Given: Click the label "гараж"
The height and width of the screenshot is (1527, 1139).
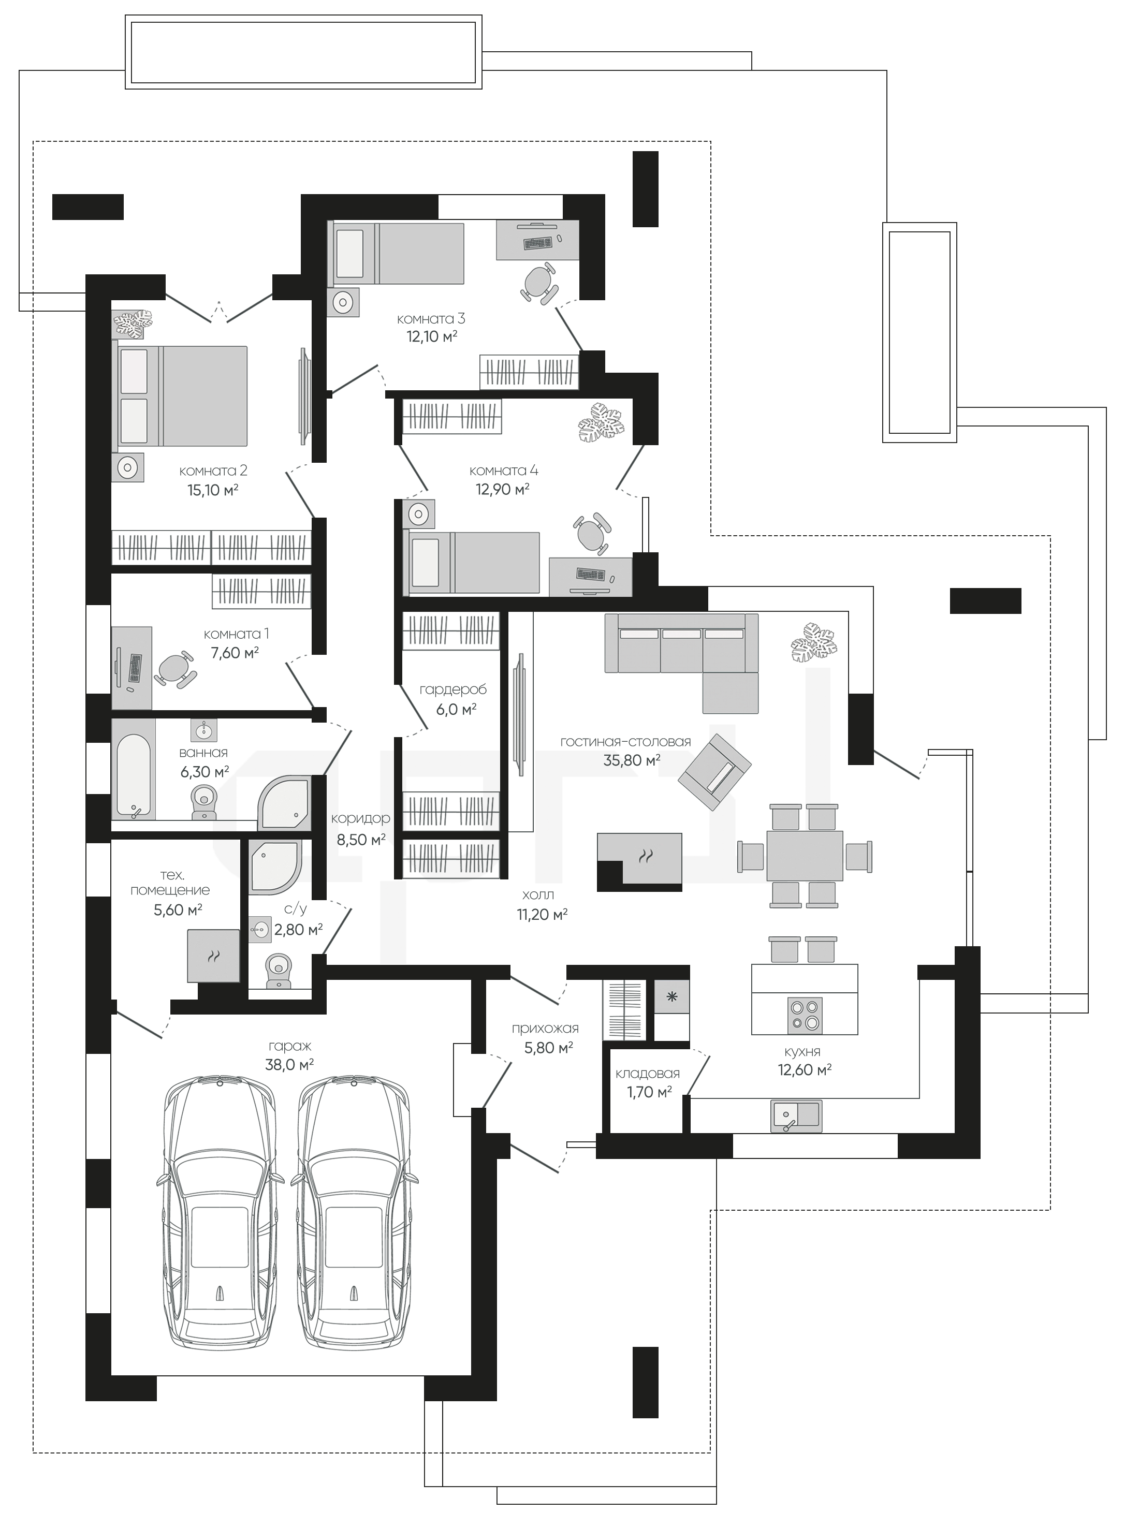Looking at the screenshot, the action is point(289,1047).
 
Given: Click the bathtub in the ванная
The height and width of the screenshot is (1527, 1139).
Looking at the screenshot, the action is point(134,769).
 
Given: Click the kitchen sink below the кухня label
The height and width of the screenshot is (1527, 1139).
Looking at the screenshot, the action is point(796,1116).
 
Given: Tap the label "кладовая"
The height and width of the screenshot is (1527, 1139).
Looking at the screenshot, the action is point(647,1074).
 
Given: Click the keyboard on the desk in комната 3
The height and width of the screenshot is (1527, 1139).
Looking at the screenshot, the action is point(538,243).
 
